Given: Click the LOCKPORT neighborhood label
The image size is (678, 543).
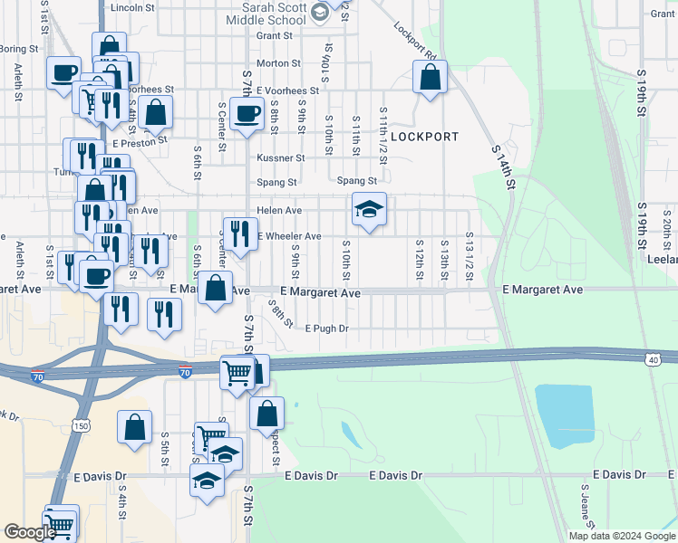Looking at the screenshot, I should coord(424,137).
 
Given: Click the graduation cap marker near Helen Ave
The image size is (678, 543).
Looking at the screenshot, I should coord(369,210).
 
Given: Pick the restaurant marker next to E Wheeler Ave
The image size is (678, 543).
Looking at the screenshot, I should coord(239,234).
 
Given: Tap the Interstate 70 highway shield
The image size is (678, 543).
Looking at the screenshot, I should coord(185,372).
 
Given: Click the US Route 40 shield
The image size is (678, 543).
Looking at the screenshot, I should coord(652,360).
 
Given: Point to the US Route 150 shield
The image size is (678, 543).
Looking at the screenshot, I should coord(80,425).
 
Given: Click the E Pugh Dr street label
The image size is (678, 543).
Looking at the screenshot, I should coord(327,329).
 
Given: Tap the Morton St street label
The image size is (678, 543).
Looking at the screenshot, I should coord(278,63).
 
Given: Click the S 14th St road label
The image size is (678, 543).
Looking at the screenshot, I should coord(504,167).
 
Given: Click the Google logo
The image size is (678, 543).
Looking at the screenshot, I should coord(29,533).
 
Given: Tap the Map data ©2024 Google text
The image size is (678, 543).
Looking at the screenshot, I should coord(622,536).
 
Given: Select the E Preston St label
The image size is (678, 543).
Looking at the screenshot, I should coord(140,142).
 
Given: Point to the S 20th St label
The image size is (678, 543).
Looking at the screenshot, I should coord(666,225).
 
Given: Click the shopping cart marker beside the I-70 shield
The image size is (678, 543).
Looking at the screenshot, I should coord(237,371).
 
